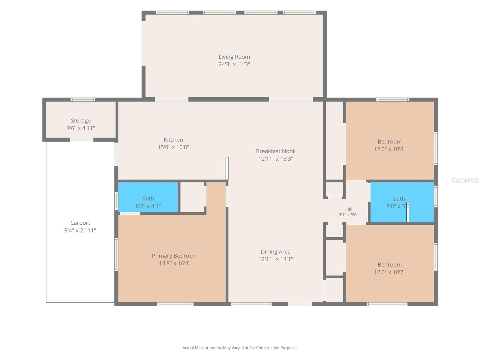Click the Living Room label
click(x=234, y=57)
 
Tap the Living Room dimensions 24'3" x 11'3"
click(x=234, y=64)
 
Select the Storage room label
click(x=81, y=121)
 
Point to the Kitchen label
click(x=173, y=140)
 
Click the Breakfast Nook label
click(x=275, y=151)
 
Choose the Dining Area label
click(x=275, y=252)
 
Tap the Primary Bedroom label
click(x=175, y=256)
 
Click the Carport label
click(x=80, y=223)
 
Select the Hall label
click(x=348, y=209)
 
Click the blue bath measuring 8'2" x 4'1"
click(x=148, y=197)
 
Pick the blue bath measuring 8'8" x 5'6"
click(x=402, y=202)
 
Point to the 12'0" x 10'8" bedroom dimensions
click(x=389, y=149)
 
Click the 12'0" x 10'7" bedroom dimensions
click(x=389, y=272)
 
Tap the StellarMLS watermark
click(x=465, y=180)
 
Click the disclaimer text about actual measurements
click(x=240, y=348)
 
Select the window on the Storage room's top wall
click(x=83, y=100)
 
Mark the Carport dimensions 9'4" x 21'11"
click(x=80, y=230)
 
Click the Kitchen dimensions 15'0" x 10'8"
click(x=173, y=147)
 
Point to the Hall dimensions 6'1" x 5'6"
click(x=348, y=215)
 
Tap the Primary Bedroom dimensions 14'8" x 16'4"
click(x=175, y=263)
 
